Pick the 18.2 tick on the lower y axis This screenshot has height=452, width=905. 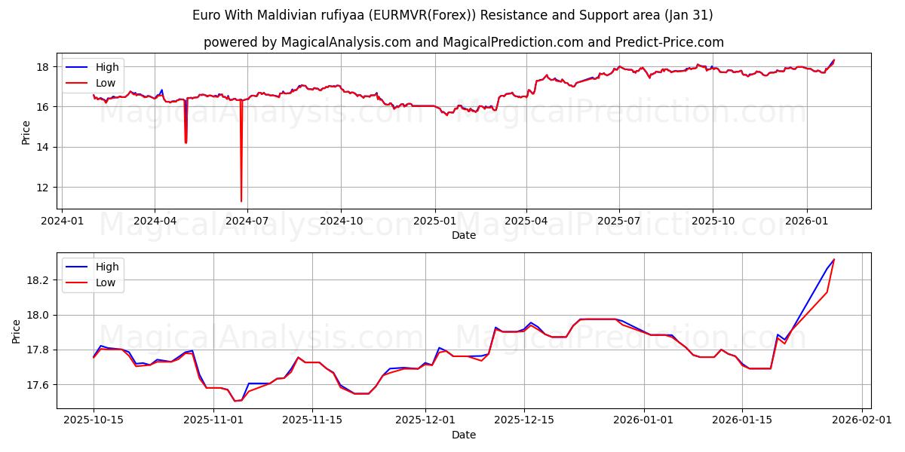(40, 280)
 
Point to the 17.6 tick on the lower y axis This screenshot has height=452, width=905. (40, 385)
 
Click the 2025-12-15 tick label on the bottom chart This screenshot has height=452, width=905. (524, 420)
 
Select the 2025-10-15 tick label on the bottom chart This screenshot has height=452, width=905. (94, 420)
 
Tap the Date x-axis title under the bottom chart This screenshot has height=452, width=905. (463, 435)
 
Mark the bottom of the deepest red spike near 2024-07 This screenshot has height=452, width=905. (241, 201)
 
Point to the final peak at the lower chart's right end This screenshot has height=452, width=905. (833, 260)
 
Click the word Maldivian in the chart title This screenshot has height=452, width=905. (287, 15)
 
